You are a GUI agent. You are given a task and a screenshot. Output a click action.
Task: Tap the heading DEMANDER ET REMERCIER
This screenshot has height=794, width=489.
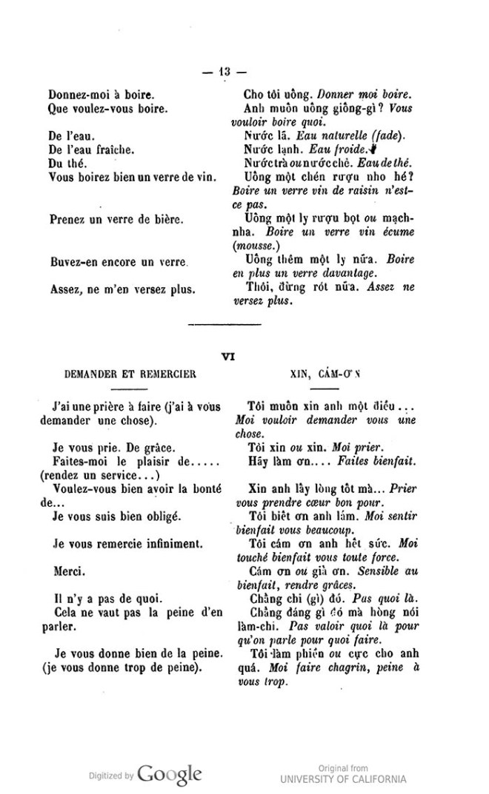(x=124, y=374)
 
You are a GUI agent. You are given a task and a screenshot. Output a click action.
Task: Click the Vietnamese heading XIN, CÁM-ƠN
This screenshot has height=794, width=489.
(x=325, y=374)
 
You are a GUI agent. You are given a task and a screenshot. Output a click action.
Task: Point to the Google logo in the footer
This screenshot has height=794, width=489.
(x=169, y=773)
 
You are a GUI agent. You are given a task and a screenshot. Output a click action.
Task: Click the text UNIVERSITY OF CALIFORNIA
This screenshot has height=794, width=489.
(x=343, y=778)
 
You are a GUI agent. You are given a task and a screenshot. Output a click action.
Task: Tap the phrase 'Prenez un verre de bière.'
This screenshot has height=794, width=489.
(x=116, y=220)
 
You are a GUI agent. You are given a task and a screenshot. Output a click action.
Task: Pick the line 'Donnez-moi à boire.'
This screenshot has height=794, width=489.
(x=101, y=95)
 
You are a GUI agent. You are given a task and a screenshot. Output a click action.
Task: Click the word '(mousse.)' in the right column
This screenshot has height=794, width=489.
(x=256, y=244)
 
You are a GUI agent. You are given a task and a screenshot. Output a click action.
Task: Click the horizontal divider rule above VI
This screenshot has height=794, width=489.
(x=226, y=324)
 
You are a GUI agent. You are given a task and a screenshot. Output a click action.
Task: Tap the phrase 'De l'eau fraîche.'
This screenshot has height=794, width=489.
(x=91, y=149)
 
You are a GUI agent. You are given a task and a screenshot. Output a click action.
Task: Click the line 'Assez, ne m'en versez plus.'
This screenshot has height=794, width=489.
(x=122, y=288)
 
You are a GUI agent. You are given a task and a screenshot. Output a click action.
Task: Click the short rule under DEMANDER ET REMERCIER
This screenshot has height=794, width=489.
(x=124, y=389)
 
